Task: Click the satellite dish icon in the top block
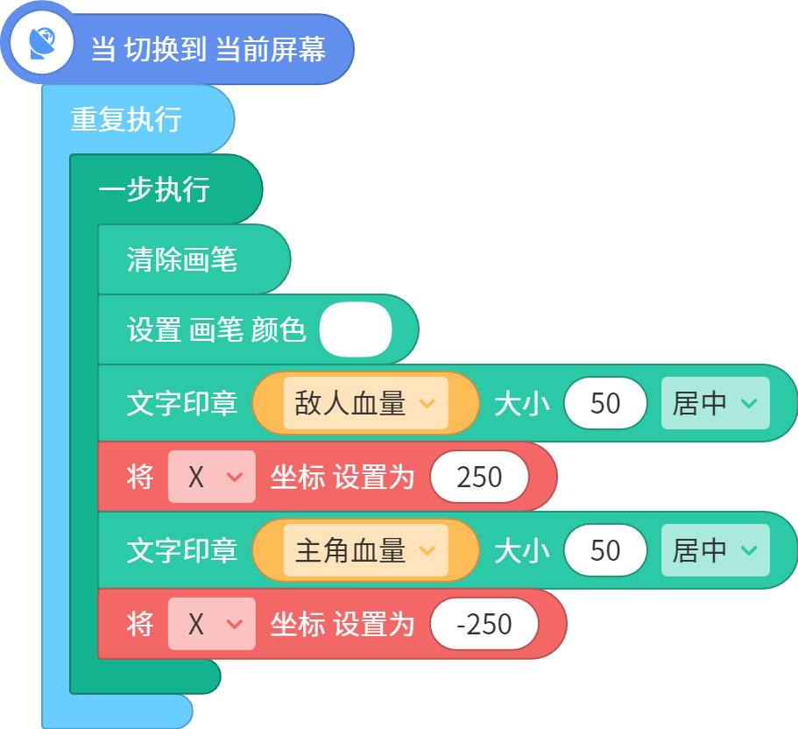pos(42,43)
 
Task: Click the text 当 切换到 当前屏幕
pos(208,49)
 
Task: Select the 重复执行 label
pos(126,120)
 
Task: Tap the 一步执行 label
pos(154,189)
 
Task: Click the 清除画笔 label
pos(182,259)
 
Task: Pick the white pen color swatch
pos(356,329)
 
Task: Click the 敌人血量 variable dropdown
pos(366,403)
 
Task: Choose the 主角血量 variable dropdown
pos(366,550)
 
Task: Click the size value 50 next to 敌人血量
pos(605,403)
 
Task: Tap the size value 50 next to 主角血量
pos(605,550)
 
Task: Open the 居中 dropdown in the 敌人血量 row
pos(715,403)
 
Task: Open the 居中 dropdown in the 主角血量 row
pos(715,550)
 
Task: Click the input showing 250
pos(479,477)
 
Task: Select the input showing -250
pos(484,624)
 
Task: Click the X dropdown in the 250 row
pos(212,477)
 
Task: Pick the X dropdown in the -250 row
pos(212,624)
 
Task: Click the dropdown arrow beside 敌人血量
pos(427,404)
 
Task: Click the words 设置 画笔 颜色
pos(216,329)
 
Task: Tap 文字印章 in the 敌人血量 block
pos(182,403)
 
